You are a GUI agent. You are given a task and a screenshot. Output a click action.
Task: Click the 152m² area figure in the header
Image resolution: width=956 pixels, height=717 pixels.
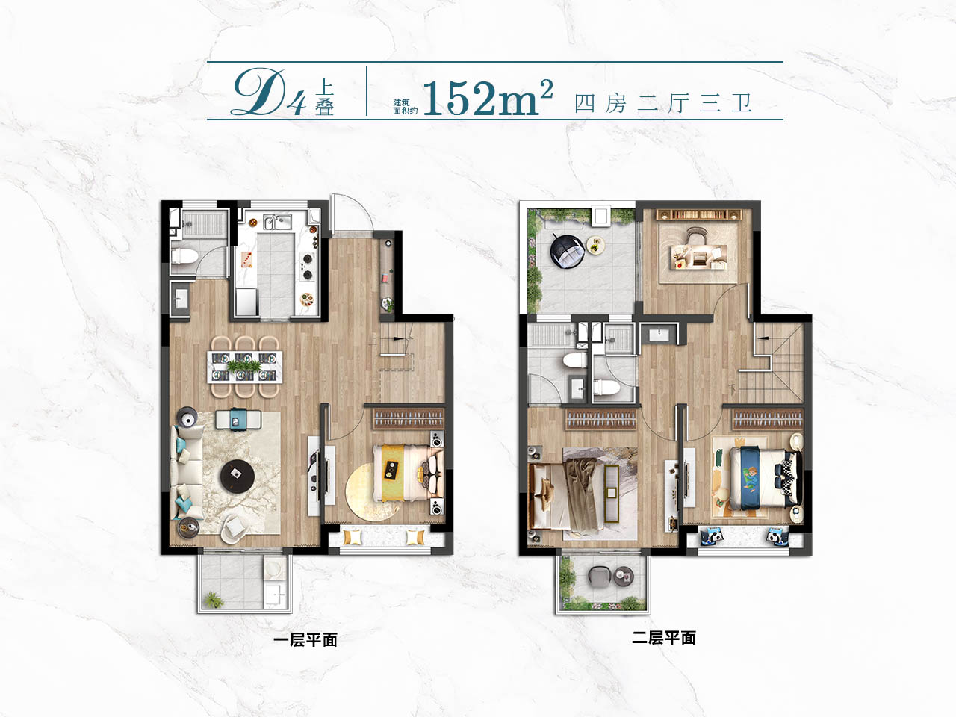coord(488,99)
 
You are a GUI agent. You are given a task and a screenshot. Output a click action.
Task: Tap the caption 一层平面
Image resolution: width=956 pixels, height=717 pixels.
coord(305,640)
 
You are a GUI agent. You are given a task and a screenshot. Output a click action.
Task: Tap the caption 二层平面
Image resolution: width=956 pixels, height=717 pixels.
coord(664,638)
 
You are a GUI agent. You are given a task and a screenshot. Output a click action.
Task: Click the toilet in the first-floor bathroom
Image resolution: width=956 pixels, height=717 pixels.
coord(182,256)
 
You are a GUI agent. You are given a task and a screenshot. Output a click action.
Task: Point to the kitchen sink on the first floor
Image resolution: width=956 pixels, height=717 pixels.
coord(277,222)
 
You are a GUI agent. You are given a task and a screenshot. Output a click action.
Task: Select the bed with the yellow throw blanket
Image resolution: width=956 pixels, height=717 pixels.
coord(409,473)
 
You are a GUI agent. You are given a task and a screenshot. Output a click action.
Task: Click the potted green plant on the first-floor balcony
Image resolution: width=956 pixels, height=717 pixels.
coord(214,600)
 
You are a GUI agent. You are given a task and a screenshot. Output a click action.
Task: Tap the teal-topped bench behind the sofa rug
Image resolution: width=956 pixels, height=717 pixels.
coord(238,419)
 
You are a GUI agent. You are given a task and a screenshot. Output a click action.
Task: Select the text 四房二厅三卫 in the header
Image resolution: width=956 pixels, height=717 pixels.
coord(662,104)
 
